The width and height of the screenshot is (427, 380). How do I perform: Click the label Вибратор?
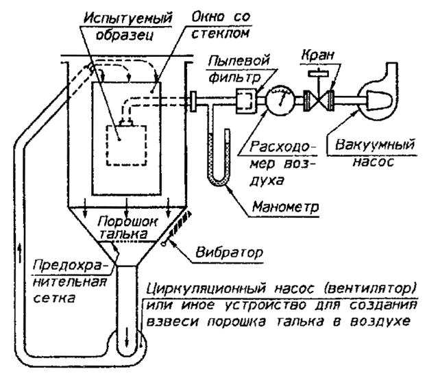(x=230, y=253)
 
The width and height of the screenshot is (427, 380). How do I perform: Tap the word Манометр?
(x=285, y=207)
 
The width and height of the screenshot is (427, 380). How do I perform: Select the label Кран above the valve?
(x=317, y=55)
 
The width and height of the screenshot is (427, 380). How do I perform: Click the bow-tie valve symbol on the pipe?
(x=319, y=101)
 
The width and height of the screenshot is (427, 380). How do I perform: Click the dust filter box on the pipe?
(x=246, y=101)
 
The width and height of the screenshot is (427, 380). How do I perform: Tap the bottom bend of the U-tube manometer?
(x=219, y=181)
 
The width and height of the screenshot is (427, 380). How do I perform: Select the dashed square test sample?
(x=127, y=145)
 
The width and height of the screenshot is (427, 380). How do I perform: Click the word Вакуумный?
(x=375, y=144)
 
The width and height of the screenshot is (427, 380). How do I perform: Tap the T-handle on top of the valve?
(x=318, y=73)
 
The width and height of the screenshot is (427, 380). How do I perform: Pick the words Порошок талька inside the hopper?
(x=127, y=228)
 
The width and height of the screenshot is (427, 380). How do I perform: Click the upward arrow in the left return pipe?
(x=19, y=253)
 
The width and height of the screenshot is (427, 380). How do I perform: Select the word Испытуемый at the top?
(x=127, y=18)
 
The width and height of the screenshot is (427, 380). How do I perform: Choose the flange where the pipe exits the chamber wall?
(x=193, y=101)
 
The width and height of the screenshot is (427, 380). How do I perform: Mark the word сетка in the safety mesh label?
(x=54, y=299)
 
